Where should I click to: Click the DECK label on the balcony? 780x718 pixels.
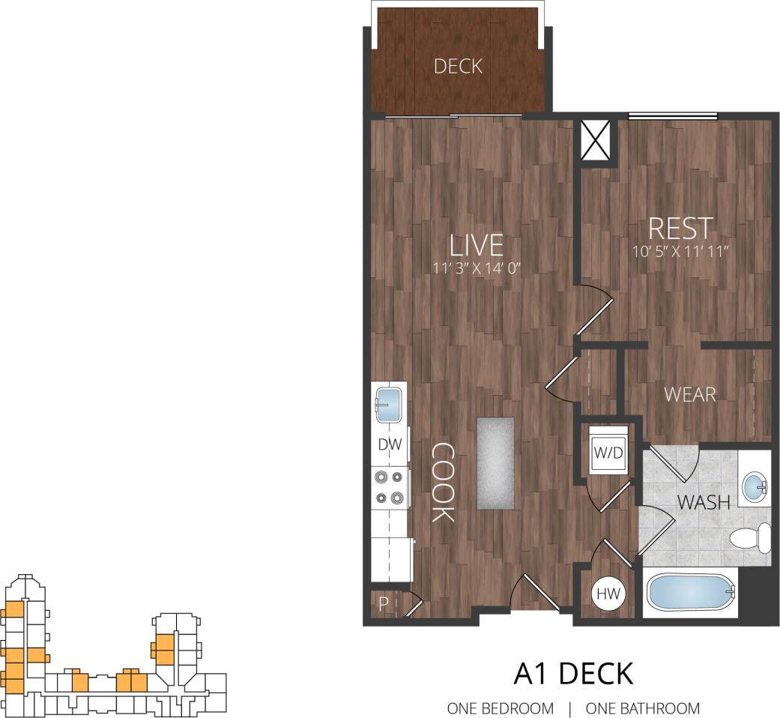[458, 66]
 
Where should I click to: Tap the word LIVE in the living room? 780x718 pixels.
[476, 245]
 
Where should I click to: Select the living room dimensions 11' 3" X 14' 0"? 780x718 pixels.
[476, 267]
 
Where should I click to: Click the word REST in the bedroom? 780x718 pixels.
[680, 228]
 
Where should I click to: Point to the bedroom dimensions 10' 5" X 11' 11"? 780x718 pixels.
[680, 251]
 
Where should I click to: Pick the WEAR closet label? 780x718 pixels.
[690, 393]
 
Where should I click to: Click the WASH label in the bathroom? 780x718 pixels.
[704, 502]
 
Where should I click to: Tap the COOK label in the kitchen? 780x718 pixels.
[443, 482]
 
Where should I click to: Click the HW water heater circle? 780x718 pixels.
[609, 594]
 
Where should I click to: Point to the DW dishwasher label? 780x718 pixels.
[390, 444]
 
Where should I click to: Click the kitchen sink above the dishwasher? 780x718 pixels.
[390, 405]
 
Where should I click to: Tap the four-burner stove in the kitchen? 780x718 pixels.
[390, 486]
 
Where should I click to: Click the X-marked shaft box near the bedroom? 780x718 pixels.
[597, 140]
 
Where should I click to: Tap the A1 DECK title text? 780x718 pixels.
[573, 673]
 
